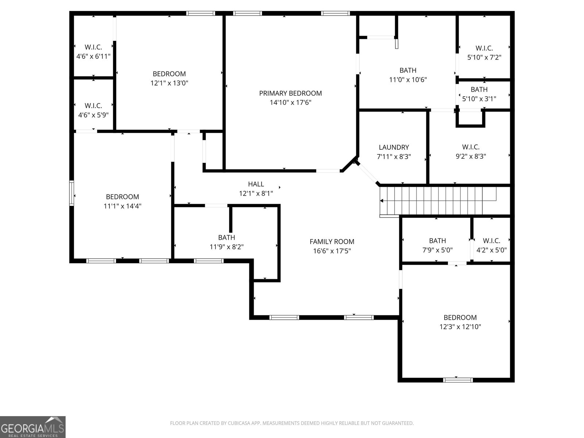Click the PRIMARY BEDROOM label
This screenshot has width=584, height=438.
tap(290, 93)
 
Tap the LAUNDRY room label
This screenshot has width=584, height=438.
tap(393, 147)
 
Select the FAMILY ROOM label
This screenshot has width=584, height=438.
tap(332, 242)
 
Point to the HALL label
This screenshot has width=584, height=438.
tap(256, 184)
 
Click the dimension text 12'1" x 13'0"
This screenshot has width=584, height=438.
tap(169, 83)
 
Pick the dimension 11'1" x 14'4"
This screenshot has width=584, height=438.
tap(122, 206)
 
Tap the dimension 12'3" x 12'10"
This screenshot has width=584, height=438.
tap(460, 327)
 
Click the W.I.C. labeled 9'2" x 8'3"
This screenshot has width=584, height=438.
tap(470, 147)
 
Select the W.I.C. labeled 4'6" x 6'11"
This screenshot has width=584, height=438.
tap(93, 47)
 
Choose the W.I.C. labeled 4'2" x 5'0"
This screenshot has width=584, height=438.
tap(491, 241)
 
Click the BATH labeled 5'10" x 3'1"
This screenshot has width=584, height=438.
tap(479, 90)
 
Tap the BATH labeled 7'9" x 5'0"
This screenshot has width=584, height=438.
tap(437, 241)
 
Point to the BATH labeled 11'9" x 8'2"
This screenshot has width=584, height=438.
tap(226, 238)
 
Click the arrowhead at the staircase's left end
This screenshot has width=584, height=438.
tap(381, 200)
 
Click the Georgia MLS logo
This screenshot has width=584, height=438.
tap(33, 427)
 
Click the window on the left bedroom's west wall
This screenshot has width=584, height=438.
tap(72, 193)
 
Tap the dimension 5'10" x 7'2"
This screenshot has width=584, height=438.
tap(484, 58)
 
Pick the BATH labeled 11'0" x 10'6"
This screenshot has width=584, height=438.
tap(408, 70)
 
